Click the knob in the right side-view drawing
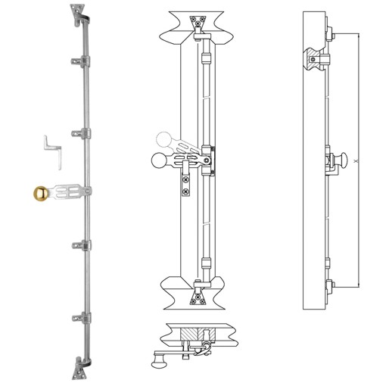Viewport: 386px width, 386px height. (341, 160)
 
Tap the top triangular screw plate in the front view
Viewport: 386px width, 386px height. (198, 20)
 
